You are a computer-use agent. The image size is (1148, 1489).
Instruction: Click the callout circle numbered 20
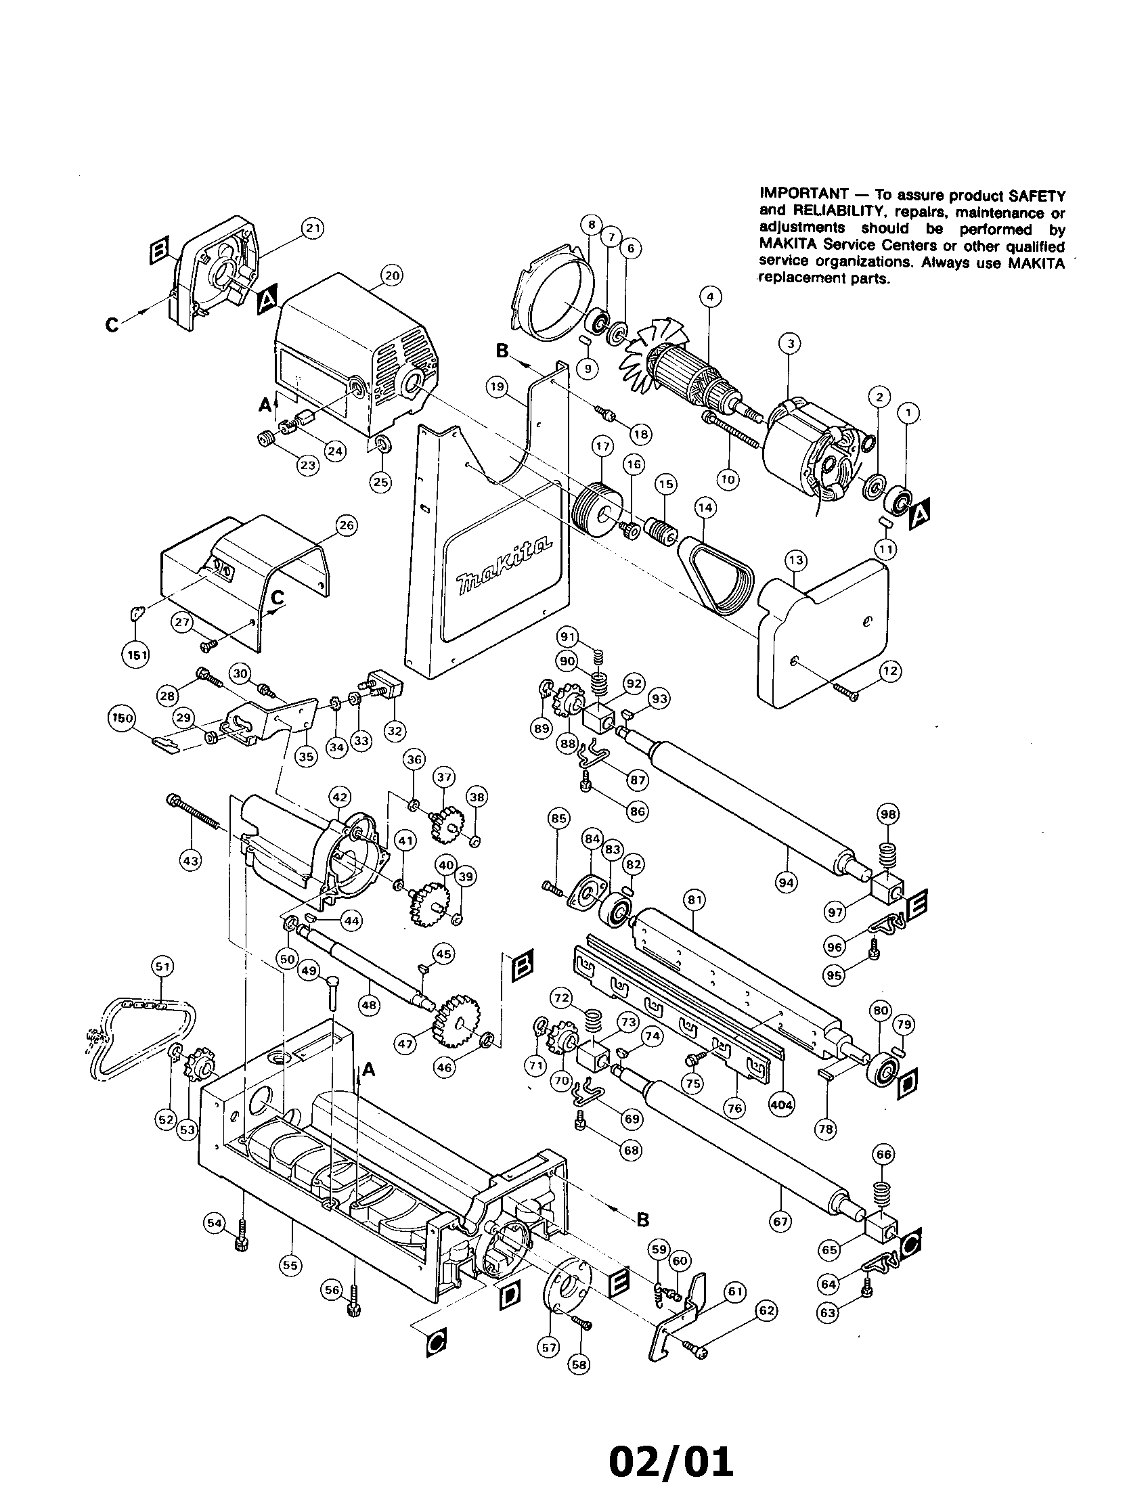click(392, 275)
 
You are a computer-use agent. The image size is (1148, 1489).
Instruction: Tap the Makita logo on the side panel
click(502, 564)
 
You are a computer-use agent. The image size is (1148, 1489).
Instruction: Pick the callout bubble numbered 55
click(290, 1266)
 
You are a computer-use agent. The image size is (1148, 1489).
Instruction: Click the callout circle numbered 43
click(190, 861)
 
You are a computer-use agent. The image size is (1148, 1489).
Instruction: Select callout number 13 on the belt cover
click(795, 560)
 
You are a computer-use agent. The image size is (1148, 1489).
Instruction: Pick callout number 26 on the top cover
click(347, 526)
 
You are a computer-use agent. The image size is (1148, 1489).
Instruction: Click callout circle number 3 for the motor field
click(790, 345)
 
